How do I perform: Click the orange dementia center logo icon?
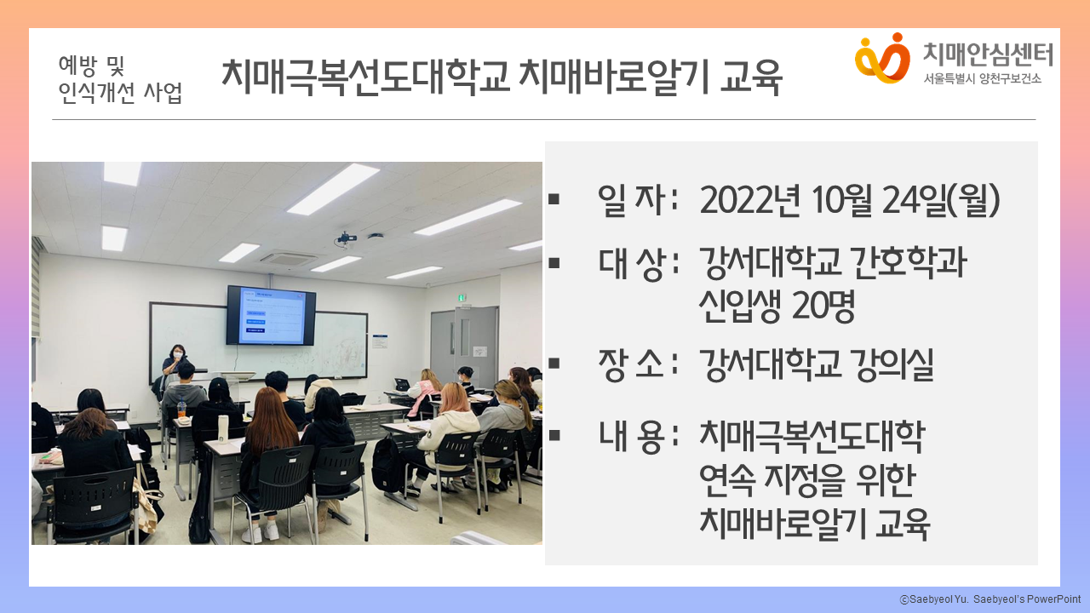click(x=882, y=58)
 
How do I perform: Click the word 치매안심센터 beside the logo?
click(x=988, y=54)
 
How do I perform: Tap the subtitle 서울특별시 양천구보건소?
click(x=983, y=79)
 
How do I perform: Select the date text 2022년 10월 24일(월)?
click(x=850, y=200)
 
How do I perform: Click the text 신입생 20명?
click(x=777, y=306)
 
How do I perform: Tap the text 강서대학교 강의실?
click(x=816, y=364)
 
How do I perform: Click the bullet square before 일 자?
click(x=554, y=199)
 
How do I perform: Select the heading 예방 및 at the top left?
click(x=91, y=66)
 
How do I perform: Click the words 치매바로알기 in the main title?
click(x=613, y=77)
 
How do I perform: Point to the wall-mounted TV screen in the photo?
click(x=271, y=315)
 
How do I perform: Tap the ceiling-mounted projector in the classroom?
click(x=347, y=239)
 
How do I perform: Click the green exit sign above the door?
click(x=462, y=297)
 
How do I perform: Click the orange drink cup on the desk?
click(x=181, y=408)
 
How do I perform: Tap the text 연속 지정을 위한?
click(x=808, y=481)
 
